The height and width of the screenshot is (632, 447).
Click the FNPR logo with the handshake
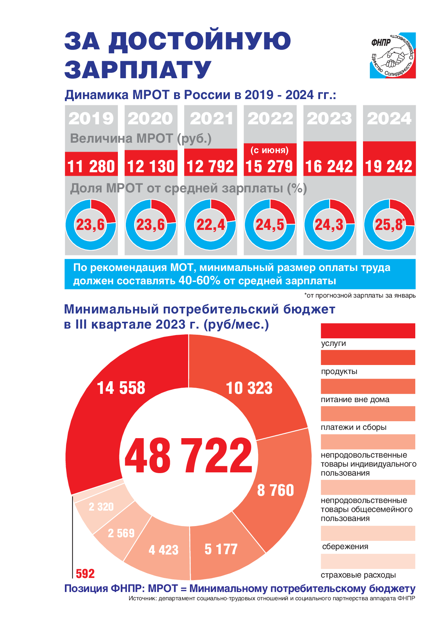[x=393, y=55]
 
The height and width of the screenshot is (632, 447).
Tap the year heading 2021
[x=211, y=119]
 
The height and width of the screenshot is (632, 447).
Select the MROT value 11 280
[x=91, y=166]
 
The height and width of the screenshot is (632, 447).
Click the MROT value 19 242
[x=389, y=166]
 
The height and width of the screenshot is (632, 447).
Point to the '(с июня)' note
[x=270, y=150]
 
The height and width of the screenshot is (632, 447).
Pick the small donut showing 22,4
[x=211, y=224]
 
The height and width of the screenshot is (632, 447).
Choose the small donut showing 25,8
[x=389, y=224]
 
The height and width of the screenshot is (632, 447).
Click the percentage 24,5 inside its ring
[x=270, y=225]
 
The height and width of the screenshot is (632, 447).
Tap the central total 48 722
[x=189, y=456]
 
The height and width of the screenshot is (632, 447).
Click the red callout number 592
[x=85, y=574]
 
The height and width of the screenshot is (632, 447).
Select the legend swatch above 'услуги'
[x=368, y=331]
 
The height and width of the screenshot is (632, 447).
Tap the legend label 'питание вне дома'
[x=355, y=400]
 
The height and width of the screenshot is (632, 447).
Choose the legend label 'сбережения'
[x=345, y=547]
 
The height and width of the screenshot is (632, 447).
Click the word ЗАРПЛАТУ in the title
[x=138, y=70]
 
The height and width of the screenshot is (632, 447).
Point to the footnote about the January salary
[x=360, y=296]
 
